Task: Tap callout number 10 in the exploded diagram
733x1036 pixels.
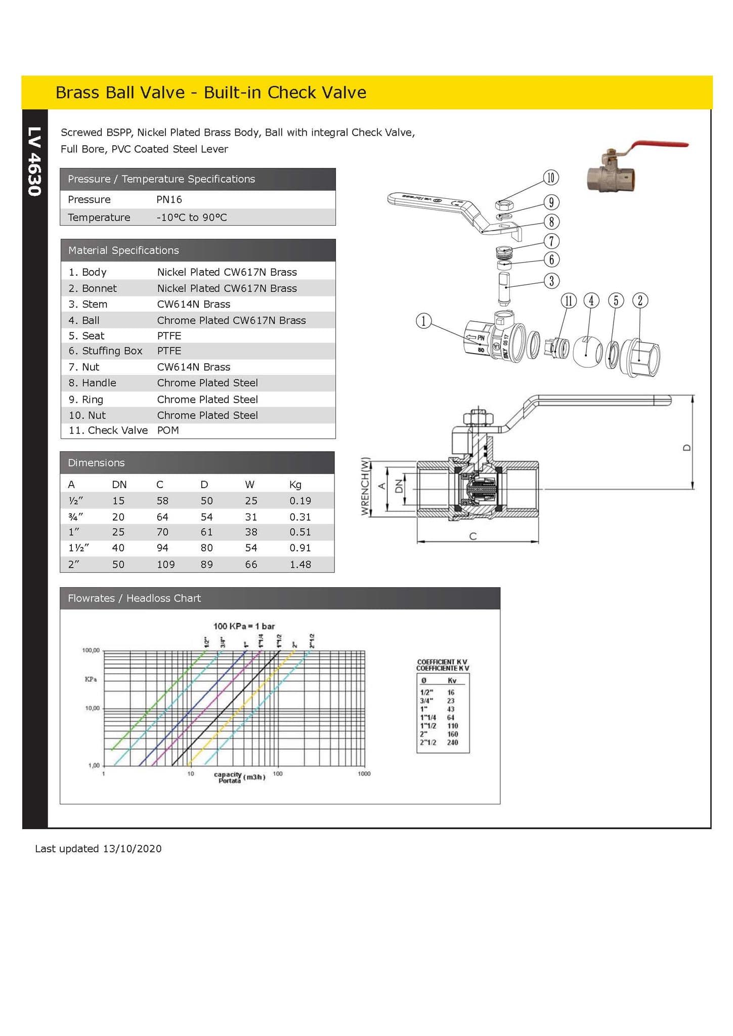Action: coord(550,178)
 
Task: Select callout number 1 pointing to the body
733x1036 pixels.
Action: coord(423,321)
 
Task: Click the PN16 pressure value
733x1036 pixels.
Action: coord(169,199)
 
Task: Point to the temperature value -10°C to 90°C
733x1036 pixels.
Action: coord(192,218)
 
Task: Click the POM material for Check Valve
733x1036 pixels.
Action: coord(168,430)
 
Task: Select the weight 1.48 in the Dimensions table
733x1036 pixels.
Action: coord(300,565)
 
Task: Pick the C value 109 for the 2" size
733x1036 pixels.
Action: coord(165,565)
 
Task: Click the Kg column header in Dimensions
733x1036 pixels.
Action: coord(295,485)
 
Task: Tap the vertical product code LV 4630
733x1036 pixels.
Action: coord(34,161)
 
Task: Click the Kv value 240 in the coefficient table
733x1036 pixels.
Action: coord(452,743)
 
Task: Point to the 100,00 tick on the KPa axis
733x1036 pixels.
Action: coord(91,650)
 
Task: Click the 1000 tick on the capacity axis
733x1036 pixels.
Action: coord(364,773)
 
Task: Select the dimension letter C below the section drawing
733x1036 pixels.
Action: coord(473,536)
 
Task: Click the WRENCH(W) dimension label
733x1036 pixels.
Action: coord(365,486)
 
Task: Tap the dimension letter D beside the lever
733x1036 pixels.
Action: coord(686,448)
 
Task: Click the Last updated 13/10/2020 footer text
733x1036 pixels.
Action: coord(98,849)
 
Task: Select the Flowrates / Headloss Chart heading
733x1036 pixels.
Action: coord(134,598)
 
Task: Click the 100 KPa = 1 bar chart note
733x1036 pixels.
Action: coord(244,626)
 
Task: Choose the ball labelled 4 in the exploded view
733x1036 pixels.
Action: coord(587,352)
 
